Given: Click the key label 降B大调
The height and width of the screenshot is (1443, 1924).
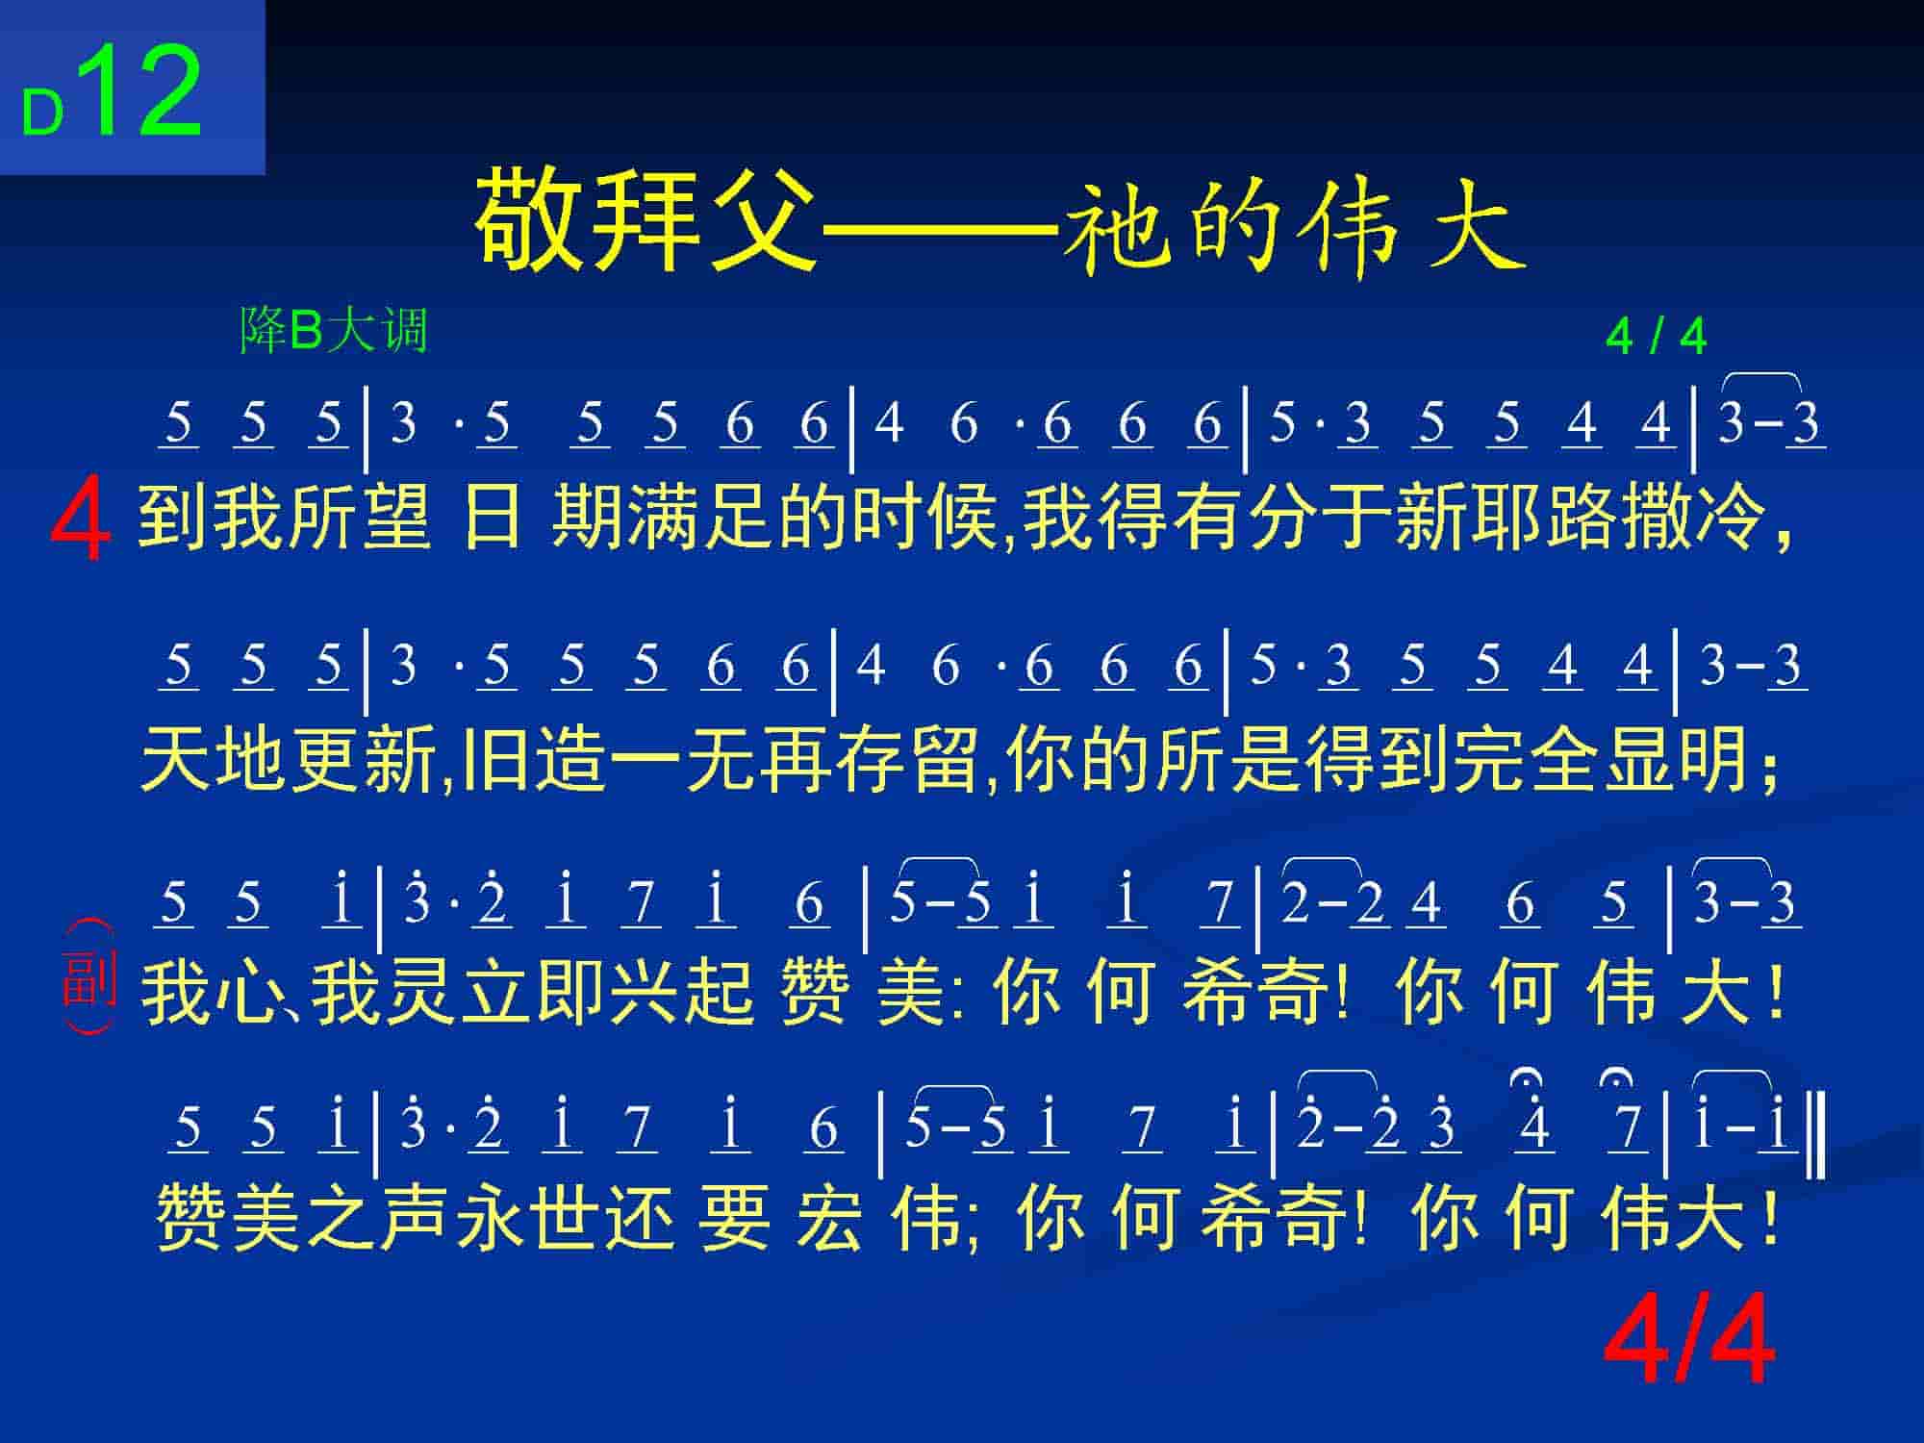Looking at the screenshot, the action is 333,331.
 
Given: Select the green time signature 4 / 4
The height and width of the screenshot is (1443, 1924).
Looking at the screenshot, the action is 1656,337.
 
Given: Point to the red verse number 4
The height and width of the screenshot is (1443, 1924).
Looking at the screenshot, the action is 81,522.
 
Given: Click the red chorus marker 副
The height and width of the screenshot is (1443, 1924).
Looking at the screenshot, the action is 89,976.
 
